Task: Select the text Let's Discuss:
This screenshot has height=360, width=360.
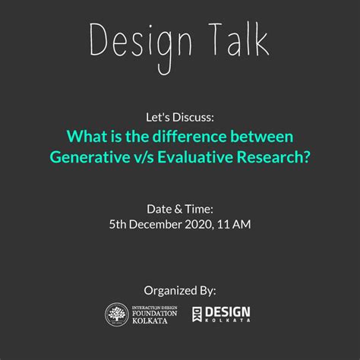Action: (180, 118)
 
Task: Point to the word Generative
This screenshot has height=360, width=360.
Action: (90, 157)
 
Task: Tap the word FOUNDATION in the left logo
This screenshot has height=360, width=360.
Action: (154, 313)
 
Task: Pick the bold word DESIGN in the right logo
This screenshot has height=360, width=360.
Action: (228, 312)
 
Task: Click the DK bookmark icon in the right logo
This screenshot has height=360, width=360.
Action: (197, 314)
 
